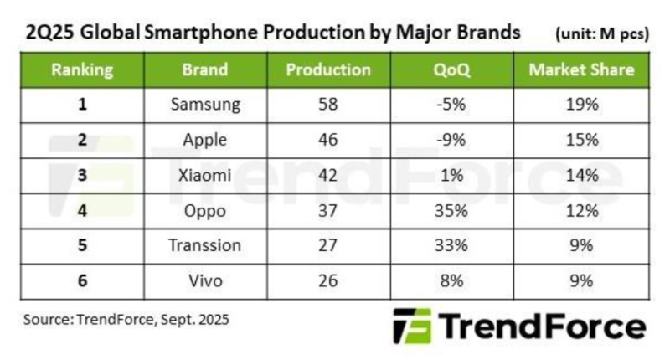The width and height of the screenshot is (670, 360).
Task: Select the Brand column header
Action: pos(204,69)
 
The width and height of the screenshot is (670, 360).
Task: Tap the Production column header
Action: pos(328,69)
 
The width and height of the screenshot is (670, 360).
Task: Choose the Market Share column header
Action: pos(581,69)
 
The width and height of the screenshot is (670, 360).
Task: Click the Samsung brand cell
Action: pos(204,105)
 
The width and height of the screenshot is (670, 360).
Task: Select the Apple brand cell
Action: pos(204,141)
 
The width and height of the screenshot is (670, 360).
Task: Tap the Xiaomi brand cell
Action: pos(204,176)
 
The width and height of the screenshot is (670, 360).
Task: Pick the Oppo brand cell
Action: pos(204,210)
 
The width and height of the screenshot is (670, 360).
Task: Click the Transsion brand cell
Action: pos(204,245)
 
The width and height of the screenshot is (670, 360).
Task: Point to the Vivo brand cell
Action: pos(204,280)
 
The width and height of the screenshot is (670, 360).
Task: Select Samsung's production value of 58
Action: pos(328,105)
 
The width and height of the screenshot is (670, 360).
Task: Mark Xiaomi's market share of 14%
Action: pos(581,176)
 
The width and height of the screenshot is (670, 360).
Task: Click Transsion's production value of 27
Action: pos(328,245)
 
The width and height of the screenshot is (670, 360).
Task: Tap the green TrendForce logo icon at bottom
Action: pos(412,327)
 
